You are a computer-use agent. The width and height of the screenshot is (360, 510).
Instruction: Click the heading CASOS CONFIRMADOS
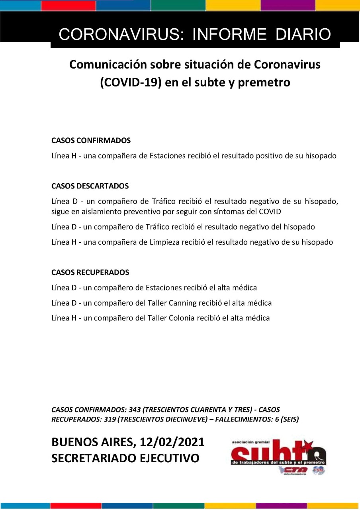point(91,141)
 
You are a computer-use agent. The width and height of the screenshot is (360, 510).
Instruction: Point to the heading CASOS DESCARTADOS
point(90,186)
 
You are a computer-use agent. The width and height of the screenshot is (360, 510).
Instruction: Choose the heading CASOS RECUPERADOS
point(90,273)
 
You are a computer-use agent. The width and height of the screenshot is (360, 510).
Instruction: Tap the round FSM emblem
point(319,470)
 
